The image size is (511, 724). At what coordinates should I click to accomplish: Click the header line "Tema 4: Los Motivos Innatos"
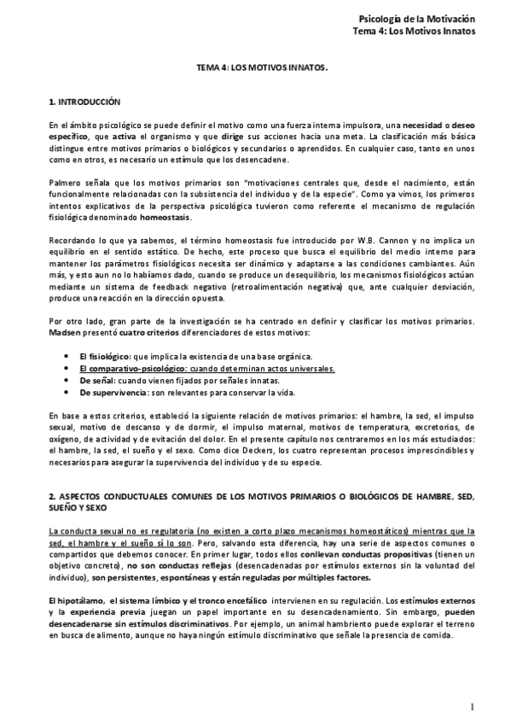(414, 32)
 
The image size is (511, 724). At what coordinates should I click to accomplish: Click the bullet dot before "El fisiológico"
(60, 355)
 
